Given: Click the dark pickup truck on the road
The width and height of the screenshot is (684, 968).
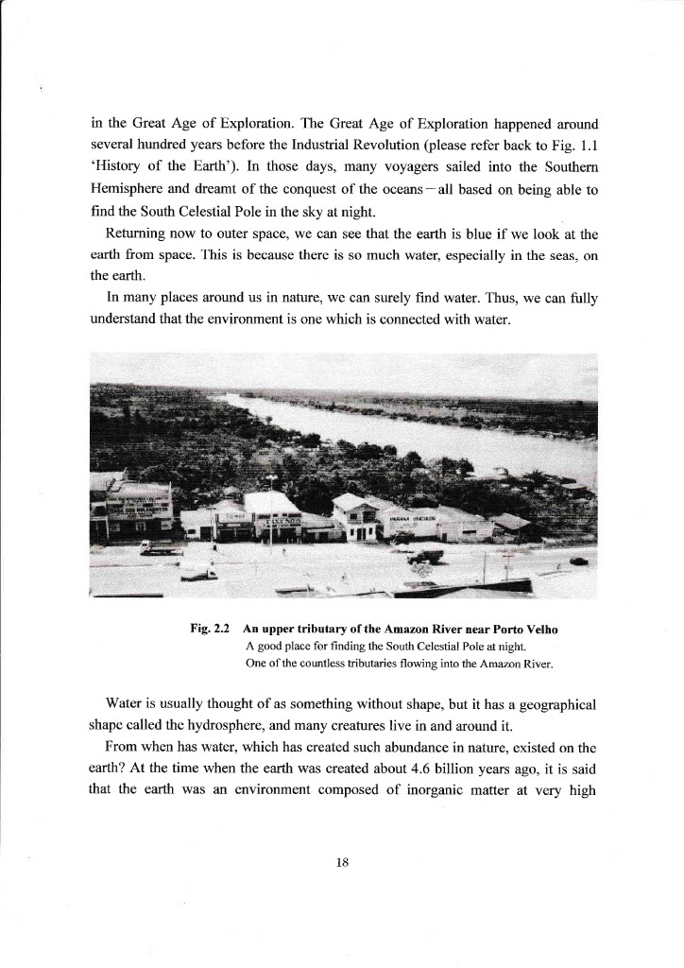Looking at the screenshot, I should pos(424,556).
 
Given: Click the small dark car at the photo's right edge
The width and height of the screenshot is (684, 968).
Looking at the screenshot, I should pos(578,562).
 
